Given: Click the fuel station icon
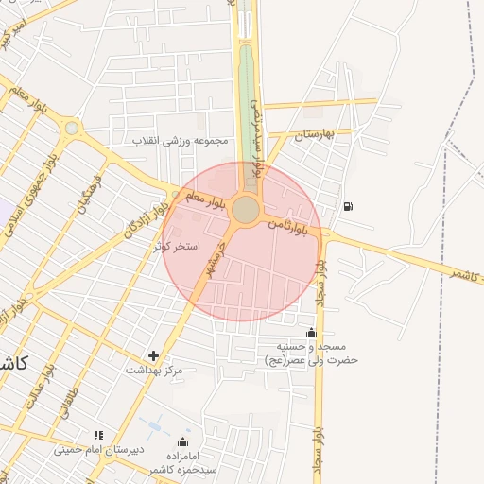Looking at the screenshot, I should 349,206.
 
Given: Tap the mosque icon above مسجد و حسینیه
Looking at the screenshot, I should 311,332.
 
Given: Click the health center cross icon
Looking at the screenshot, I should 154,355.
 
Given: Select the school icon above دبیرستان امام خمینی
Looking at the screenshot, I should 97,435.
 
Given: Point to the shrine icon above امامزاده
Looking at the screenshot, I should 183,441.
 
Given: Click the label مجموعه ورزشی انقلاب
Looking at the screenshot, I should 180,141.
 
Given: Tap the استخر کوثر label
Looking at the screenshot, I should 178,246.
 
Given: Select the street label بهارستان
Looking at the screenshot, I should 315,135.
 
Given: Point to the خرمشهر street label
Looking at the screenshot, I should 216,259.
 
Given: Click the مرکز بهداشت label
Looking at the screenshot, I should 154,371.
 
